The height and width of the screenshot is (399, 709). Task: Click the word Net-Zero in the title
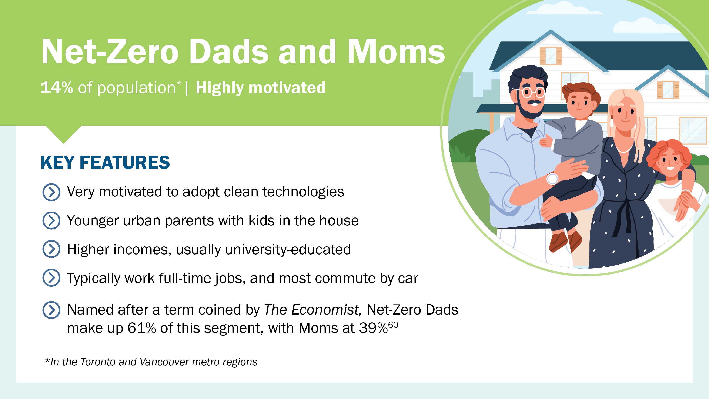pos(110,52)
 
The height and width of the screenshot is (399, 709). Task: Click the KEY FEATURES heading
pos(105,162)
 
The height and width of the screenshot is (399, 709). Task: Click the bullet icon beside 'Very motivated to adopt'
pos(51,192)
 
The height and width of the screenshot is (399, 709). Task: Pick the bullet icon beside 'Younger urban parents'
pos(51,220)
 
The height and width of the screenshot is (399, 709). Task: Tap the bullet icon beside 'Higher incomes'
pos(51,249)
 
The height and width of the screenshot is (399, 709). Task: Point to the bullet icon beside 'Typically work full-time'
pos(51,278)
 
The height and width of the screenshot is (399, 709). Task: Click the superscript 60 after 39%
pos(393,325)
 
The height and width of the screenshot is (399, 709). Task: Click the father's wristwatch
pos(552,179)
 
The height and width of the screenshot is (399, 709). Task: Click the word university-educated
pos(288,249)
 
